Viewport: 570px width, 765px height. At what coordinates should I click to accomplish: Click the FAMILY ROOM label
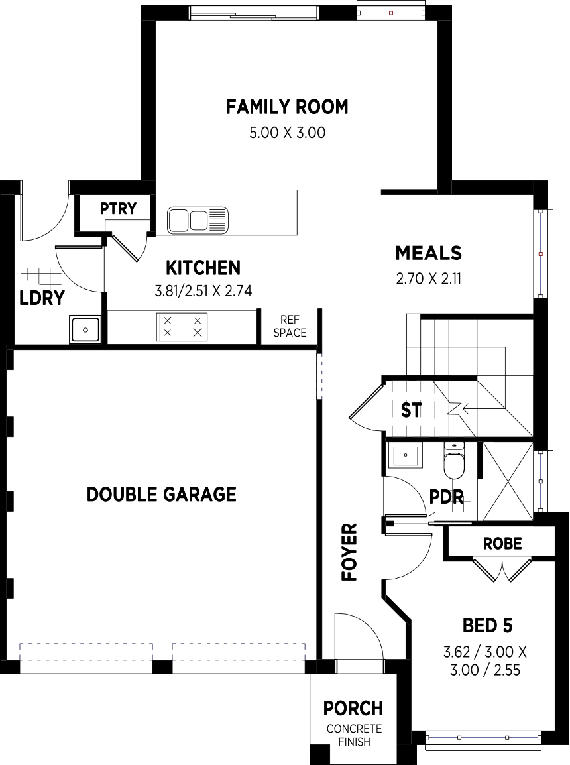point(287,106)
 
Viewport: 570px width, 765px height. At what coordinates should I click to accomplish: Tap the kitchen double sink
point(198,219)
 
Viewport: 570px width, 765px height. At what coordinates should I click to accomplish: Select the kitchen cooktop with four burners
point(182,327)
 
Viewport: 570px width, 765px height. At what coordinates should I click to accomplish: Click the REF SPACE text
point(290,326)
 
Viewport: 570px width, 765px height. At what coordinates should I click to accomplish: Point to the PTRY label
point(118,208)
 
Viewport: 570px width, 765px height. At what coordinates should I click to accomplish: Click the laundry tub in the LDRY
point(85,329)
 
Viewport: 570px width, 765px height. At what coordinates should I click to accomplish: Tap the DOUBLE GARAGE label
point(162,495)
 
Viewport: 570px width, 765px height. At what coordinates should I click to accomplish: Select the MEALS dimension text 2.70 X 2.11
point(429,279)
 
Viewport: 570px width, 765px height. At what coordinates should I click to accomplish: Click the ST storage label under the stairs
point(411,410)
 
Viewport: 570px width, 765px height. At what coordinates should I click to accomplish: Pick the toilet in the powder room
point(455,461)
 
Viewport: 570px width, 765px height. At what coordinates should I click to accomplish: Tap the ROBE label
point(502,543)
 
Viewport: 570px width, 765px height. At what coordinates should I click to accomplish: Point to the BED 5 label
point(488,626)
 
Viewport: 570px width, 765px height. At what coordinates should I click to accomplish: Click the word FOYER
point(349,552)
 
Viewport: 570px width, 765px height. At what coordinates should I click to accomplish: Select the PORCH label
point(353,708)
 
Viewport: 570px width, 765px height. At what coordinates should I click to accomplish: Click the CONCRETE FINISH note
point(355,735)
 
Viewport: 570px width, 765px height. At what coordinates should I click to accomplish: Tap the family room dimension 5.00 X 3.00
point(287,132)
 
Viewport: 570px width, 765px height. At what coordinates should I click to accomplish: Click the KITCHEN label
point(203,268)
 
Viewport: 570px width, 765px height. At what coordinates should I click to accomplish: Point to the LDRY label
point(42,298)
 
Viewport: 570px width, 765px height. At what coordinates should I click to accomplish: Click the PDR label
point(447,497)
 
